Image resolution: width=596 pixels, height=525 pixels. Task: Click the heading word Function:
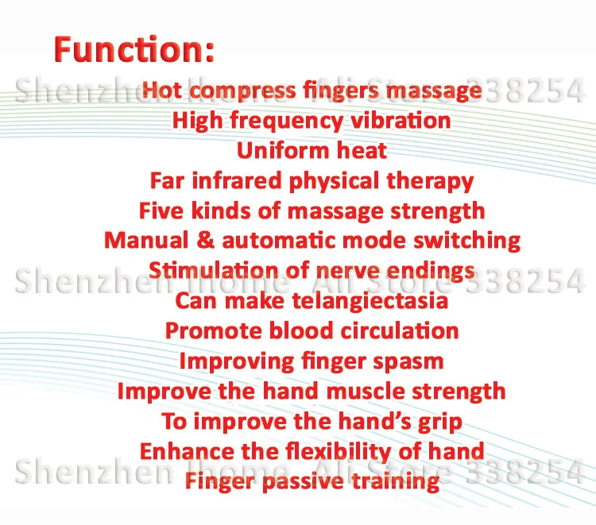pos(134,49)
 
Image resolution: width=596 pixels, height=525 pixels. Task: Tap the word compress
pos(242,91)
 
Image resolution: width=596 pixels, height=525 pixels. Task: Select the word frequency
pos(287,122)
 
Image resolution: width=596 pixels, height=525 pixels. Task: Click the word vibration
pos(401,120)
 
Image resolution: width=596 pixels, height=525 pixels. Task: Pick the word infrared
pos(237,180)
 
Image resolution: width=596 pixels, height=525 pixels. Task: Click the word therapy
pos(430,182)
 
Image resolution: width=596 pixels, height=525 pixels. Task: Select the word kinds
pos(221,210)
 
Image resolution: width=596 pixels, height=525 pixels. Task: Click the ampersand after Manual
pos(205,241)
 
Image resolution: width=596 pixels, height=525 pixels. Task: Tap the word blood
pos(301,330)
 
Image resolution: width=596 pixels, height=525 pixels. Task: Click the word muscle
pos(366,392)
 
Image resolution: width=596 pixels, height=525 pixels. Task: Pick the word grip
pos(440,423)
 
